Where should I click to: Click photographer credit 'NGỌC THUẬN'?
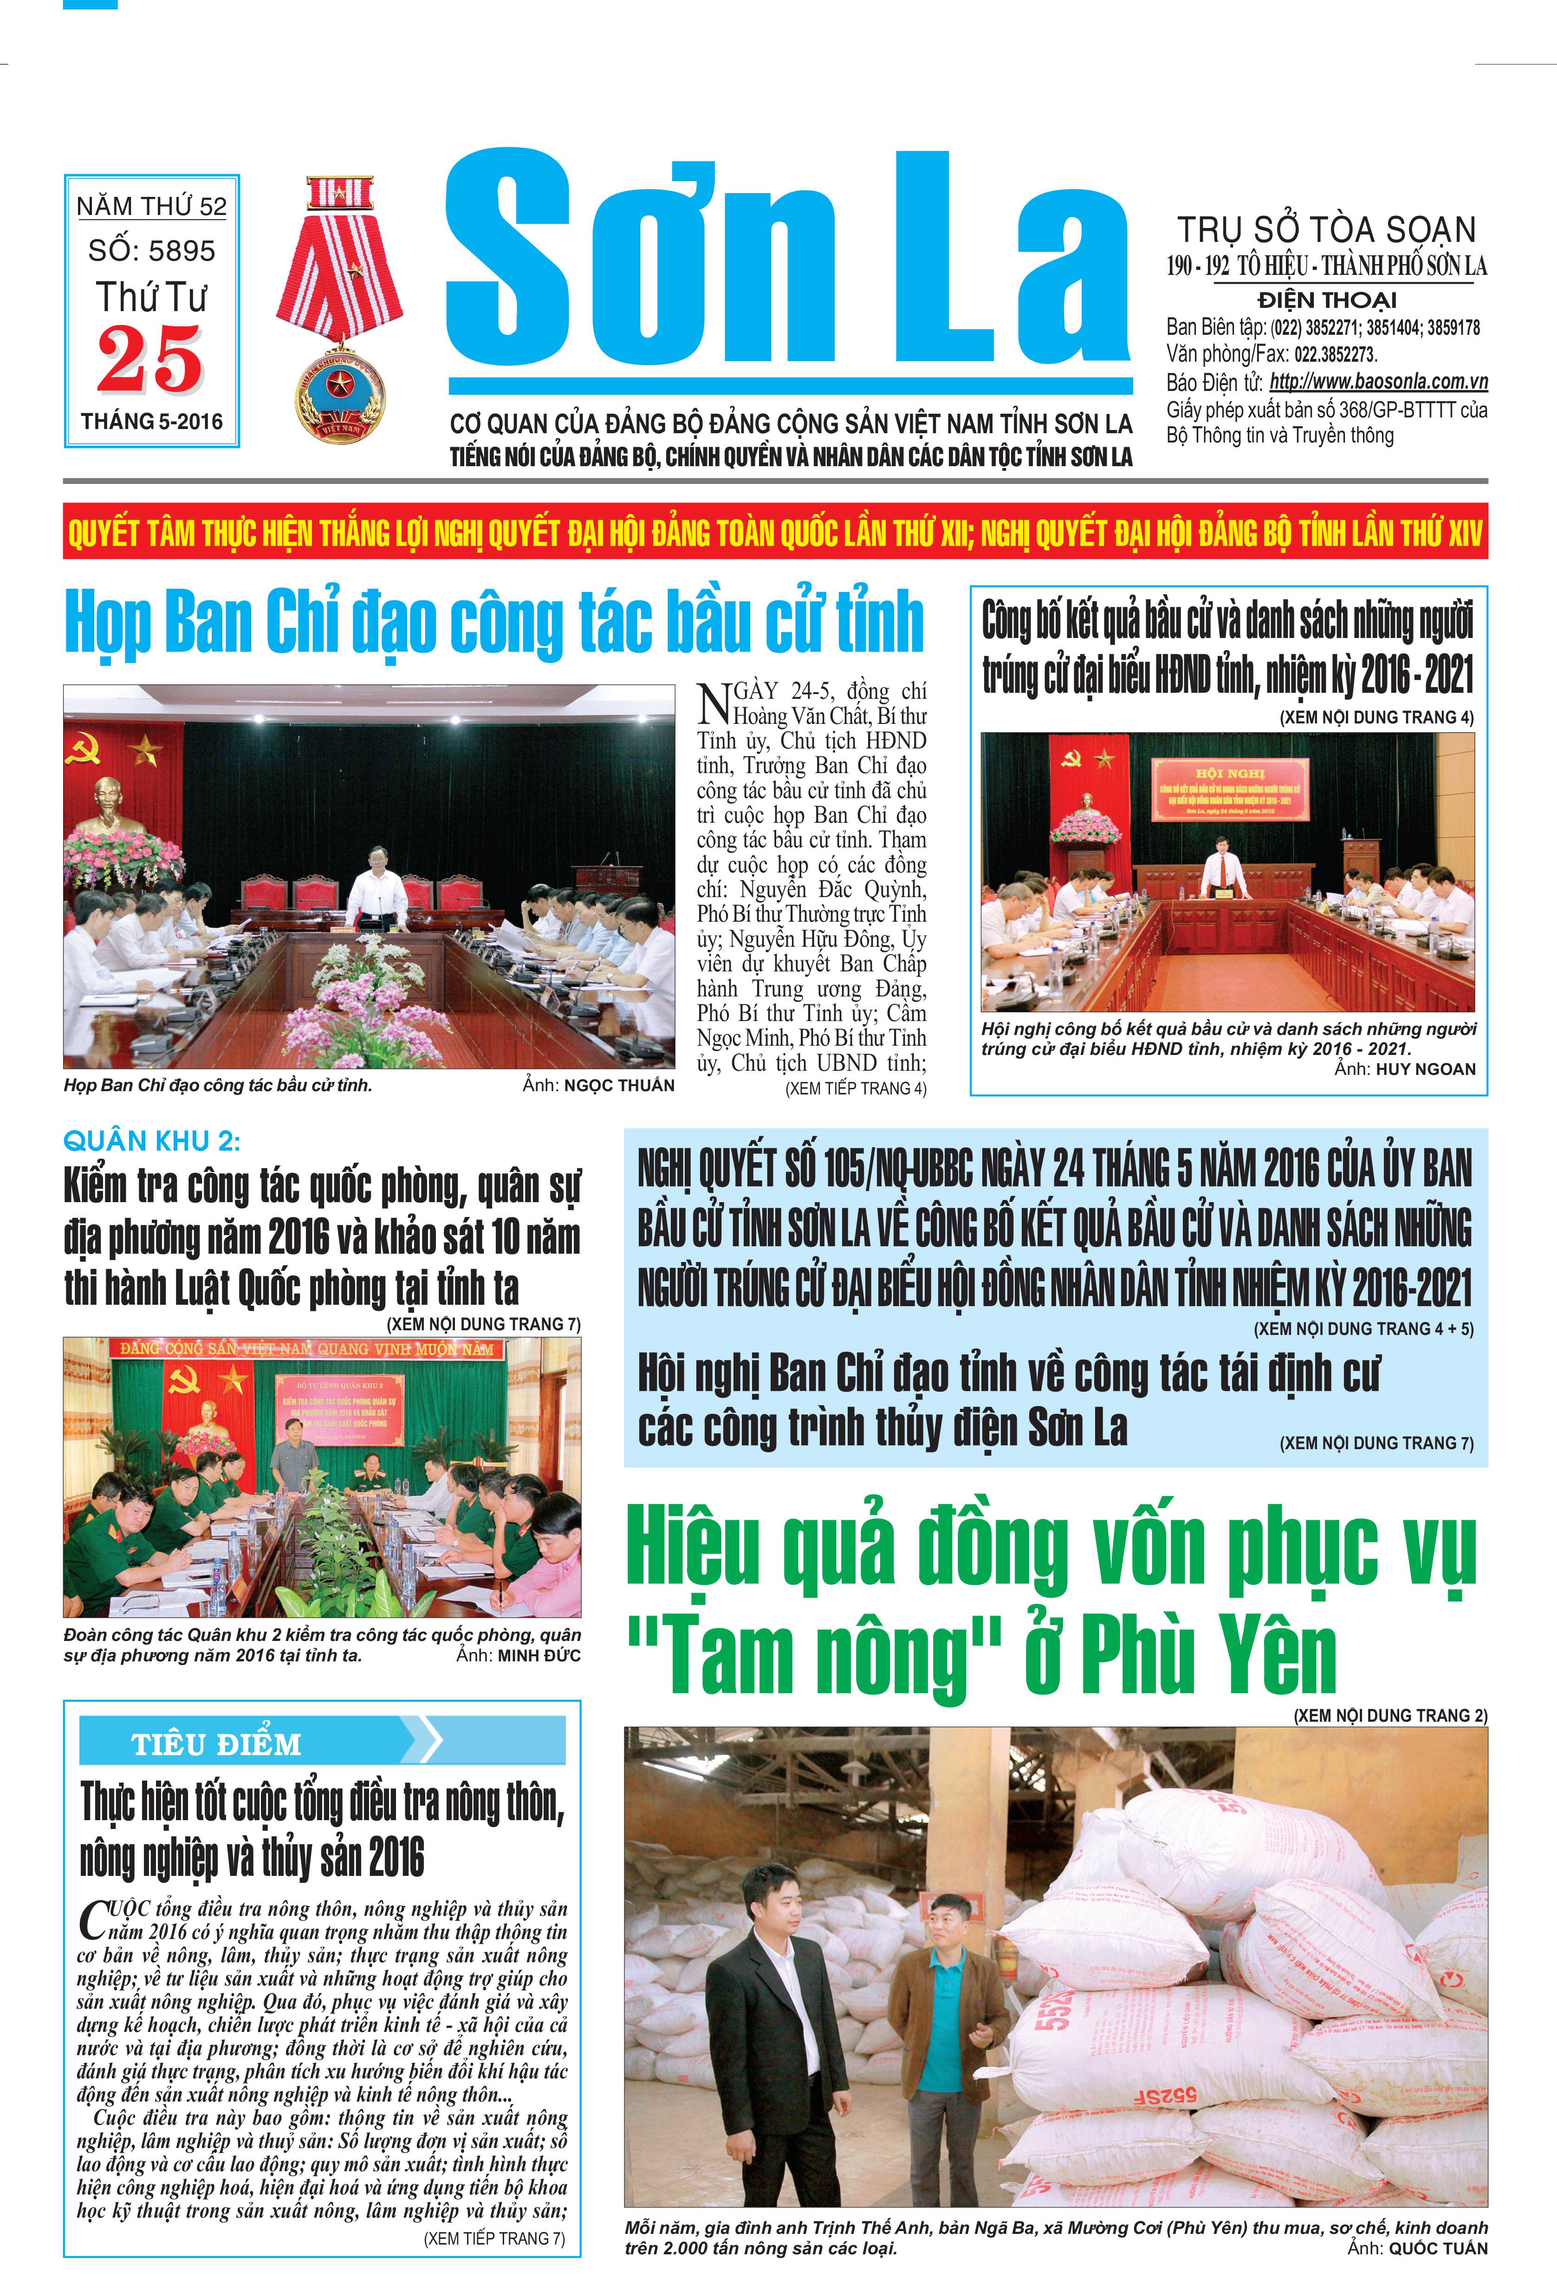[619, 1085]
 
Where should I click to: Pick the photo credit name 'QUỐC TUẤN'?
[1438, 2249]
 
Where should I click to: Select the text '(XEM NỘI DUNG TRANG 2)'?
[1389, 1715]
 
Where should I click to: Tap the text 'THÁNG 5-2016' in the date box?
[152, 422]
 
